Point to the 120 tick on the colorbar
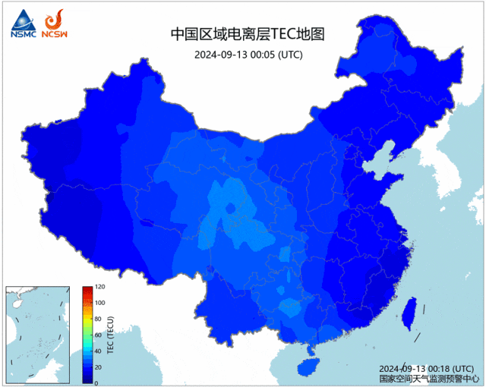click(x=99, y=288)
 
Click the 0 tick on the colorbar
click(x=96, y=382)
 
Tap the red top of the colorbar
click(x=87, y=290)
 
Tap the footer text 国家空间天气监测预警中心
click(x=428, y=377)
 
